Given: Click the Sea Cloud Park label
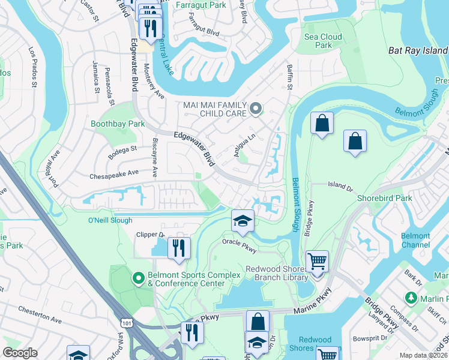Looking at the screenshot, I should (323, 41).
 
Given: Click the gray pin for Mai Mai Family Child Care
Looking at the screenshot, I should (256, 109).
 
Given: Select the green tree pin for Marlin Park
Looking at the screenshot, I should (411, 298).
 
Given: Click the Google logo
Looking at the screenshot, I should (20, 353).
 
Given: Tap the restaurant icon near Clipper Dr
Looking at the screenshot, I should (178, 247).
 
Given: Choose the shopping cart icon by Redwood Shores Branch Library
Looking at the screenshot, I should (317, 261).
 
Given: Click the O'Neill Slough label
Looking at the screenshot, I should (110, 220).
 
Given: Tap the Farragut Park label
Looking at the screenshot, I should (202, 5).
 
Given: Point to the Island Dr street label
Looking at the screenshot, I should (340, 187).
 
